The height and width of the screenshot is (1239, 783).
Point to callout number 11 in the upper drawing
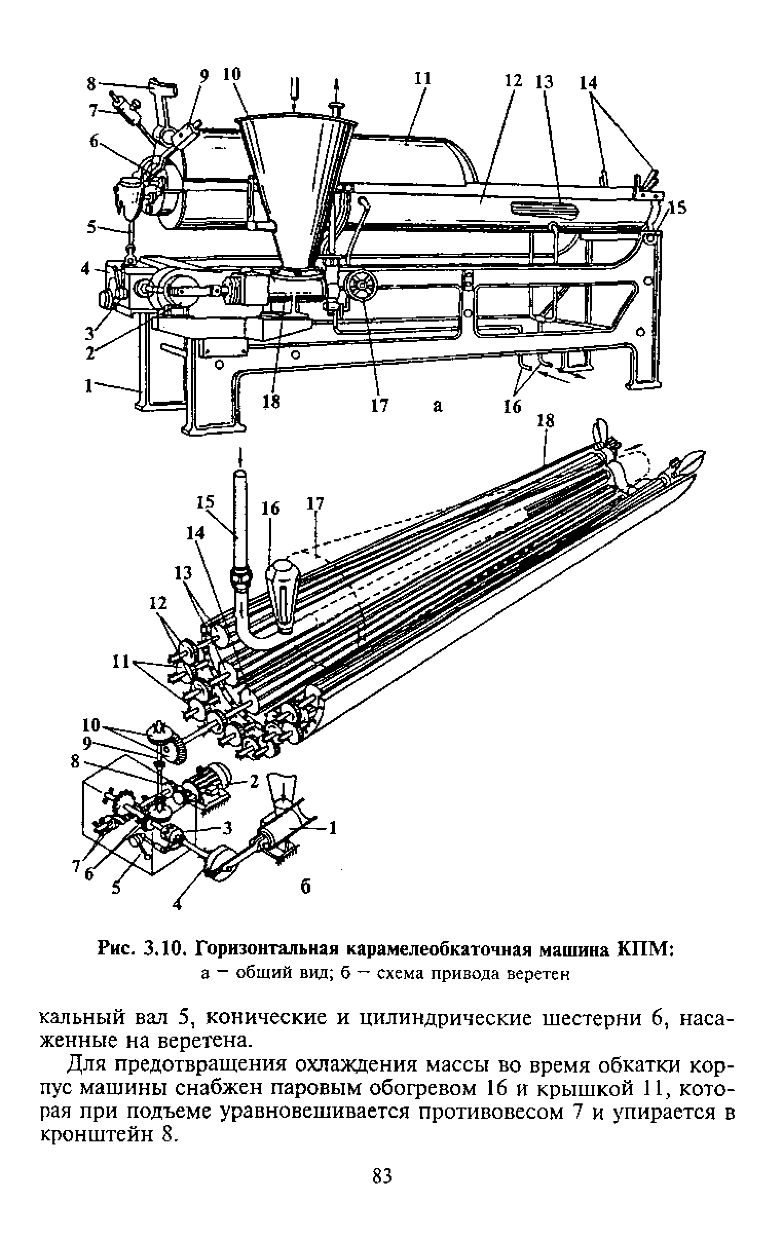tap(422, 78)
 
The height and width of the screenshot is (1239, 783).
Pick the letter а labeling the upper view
tap(438, 406)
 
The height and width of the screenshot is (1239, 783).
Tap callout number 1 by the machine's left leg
tap(89, 386)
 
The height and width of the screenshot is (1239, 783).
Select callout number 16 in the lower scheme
tap(271, 509)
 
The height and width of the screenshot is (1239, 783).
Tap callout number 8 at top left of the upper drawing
tap(90, 84)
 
